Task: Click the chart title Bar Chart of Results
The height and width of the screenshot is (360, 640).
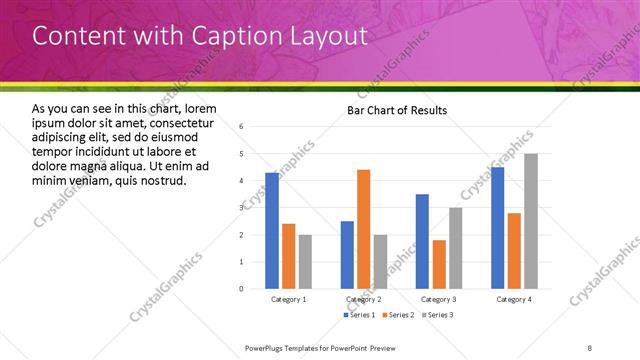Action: tap(397, 110)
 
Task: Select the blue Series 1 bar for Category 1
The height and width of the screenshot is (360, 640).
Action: tap(272, 230)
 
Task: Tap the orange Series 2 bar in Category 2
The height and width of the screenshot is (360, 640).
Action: tap(363, 229)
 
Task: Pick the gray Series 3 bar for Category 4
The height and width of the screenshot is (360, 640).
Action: tap(531, 221)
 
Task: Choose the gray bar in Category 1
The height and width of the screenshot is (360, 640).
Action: tap(305, 261)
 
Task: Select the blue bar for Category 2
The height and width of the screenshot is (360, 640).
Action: tap(347, 254)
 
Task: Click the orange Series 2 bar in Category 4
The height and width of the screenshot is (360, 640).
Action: tap(514, 250)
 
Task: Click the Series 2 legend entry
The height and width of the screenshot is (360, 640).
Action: tap(398, 315)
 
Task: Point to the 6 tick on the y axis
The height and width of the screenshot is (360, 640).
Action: tap(242, 127)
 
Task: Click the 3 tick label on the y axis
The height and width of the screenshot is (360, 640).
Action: tap(242, 208)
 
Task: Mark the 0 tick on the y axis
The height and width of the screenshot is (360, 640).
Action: tap(242, 289)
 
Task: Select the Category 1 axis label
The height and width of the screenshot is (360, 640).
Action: tap(289, 299)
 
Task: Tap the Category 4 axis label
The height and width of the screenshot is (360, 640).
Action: tap(515, 299)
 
